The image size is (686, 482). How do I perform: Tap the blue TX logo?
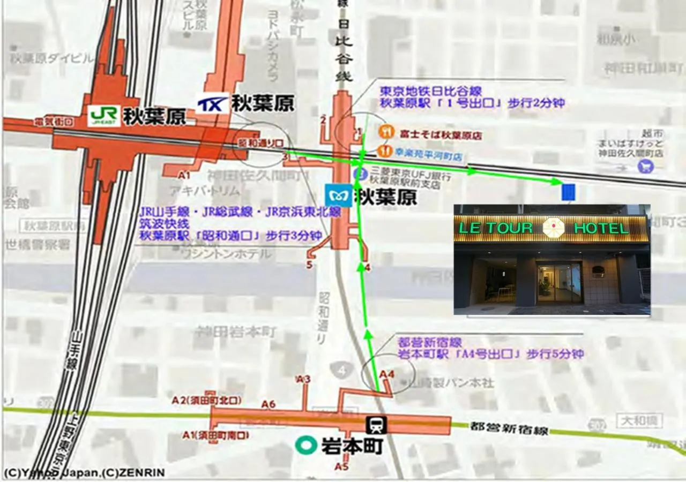212,104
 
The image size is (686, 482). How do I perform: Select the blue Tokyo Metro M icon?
339,196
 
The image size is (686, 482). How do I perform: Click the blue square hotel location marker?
568,192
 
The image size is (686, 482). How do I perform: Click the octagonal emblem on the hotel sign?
553,228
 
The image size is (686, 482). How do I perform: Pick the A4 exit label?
386,374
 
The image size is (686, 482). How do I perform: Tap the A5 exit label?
341,467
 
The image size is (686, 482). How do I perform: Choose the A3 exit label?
303,379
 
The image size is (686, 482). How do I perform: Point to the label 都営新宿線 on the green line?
509,428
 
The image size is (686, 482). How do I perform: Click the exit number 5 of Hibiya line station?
309,264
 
